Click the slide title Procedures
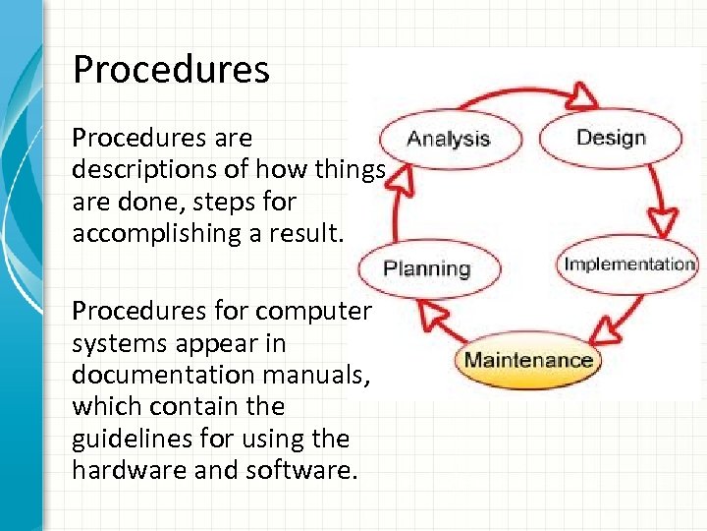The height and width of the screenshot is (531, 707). [x=171, y=70]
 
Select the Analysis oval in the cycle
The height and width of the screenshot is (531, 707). [x=448, y=138]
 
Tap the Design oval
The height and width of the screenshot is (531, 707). [x=611, y=137]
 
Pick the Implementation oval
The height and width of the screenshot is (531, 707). [x=628, y=264]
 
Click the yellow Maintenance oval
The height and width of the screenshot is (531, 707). [x=527, y=359]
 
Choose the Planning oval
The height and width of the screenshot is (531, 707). [x=427, y=268]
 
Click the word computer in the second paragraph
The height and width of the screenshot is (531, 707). [x=313, y=312]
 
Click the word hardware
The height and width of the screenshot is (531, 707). [x=117, y=469]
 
